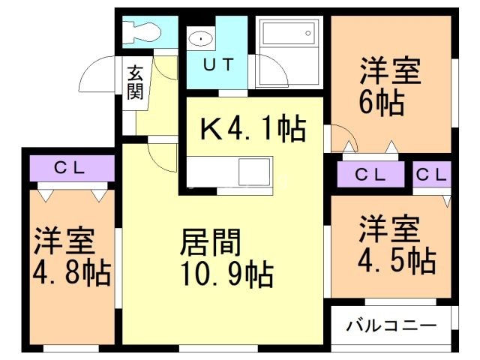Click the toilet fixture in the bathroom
click(x=141, y=30)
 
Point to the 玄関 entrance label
click(x=135, y=82)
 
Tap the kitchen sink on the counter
click(x=254, y=172)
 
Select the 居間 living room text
click(x=211, y=244)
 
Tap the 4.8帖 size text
click(x=71, y=271)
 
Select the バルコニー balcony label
click(x=391, y=326)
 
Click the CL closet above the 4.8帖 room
click(x=71, y=167)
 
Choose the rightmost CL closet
click(x=431, y=175)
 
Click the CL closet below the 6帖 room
click(x=370, y=175)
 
